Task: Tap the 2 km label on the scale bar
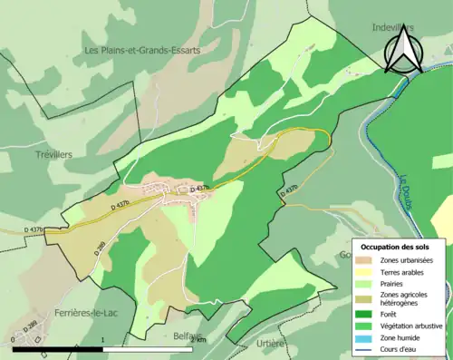(200, 339)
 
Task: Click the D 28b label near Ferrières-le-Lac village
(30, 326)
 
